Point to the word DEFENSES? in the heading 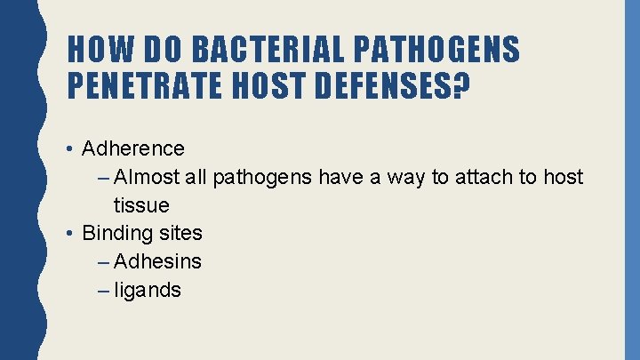coord(402,85)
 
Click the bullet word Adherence coord(133,148)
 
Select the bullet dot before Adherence coord(70,148)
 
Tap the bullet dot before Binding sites coord(70,233)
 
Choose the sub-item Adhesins coord(158,261)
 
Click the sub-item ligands coord(148,290)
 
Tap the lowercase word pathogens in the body coord(262,178)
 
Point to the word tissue coord(141,205)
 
